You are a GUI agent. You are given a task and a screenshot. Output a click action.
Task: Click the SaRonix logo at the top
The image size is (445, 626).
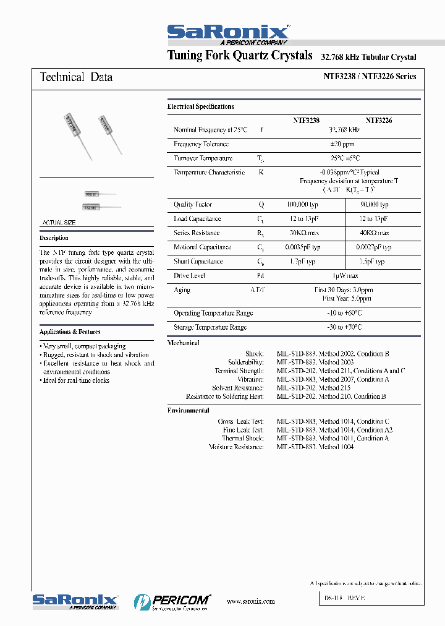click(227, 33)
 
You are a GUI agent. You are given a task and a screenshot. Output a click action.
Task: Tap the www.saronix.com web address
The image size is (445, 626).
click(250, 601)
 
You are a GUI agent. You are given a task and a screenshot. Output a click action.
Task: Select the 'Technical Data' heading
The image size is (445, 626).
click(76, 77)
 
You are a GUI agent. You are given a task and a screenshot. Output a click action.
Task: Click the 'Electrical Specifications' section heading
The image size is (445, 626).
click(200, 106)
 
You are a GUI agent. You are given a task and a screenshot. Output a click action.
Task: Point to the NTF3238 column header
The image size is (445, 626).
click(306, 121)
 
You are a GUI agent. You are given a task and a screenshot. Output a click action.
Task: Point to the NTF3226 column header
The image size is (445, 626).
click(378, 121)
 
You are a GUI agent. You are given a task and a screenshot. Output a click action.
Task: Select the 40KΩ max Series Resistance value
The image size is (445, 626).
click(375, 233)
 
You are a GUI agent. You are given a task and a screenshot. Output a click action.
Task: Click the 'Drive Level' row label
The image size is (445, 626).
click(189, 275)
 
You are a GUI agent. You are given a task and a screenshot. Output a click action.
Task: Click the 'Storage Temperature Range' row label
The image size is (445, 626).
click(210, 327)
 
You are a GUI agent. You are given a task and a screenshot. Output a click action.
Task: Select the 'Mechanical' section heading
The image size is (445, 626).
click(184, 343)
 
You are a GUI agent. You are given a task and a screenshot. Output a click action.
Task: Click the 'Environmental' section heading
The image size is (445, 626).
click(189, 410)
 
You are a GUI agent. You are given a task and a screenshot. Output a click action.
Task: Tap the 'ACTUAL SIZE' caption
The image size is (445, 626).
click(59, 222)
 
